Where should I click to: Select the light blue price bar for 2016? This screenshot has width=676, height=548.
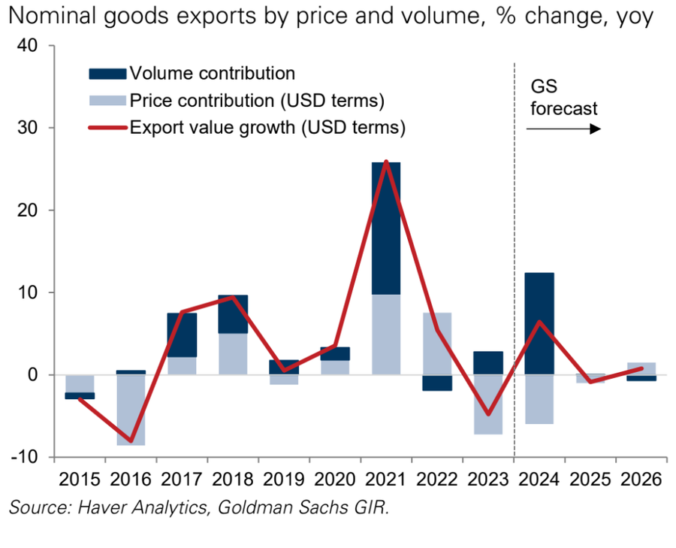131,410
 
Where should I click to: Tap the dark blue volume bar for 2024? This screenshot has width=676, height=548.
539,323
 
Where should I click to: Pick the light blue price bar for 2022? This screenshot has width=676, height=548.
437,344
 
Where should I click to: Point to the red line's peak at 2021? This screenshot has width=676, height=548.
386,162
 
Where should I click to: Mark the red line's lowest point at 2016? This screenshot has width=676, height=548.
131,441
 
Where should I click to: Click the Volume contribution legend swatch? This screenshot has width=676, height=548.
107,74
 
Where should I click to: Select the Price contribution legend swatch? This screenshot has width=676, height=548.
107,101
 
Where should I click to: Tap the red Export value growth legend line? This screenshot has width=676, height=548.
107,128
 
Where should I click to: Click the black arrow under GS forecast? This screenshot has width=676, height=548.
563,129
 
